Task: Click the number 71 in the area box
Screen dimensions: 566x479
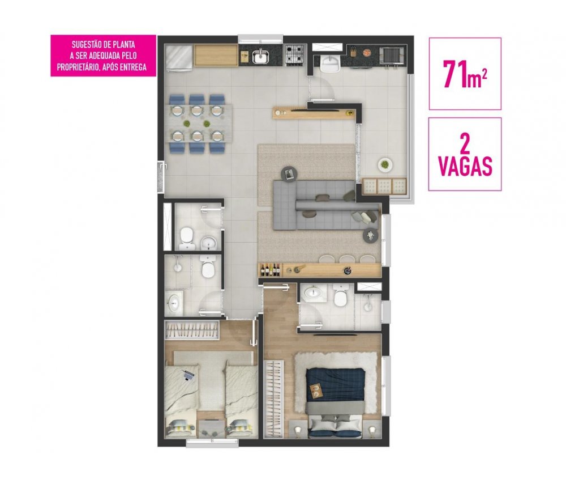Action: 455,74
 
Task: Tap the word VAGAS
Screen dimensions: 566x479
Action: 465,167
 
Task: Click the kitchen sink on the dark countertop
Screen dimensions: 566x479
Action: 260,56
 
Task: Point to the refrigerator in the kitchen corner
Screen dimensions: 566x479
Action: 179,56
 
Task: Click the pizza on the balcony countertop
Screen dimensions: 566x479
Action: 366,53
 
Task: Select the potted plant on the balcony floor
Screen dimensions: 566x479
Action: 385,165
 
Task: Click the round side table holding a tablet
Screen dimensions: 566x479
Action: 289,174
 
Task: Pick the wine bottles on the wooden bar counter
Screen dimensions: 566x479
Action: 271,270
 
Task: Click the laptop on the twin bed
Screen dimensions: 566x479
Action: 188,375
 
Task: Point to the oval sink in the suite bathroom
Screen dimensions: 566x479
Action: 313,293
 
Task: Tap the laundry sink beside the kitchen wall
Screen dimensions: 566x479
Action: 330,64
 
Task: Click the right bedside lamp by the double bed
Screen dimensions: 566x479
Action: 372,430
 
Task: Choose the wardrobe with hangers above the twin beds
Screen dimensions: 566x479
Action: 192,330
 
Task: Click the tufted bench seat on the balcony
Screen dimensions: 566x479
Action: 384,186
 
